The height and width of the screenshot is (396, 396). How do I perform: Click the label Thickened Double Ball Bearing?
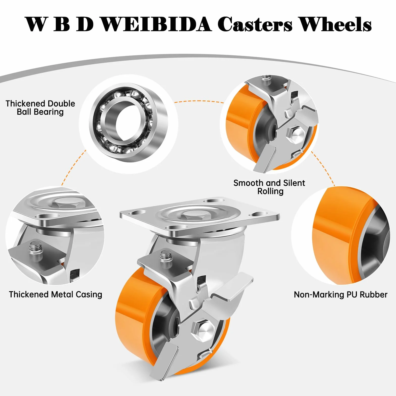click(40, 108)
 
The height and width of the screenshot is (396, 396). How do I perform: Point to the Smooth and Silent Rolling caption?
click(269, 187)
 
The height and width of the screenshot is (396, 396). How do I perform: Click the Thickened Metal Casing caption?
click(56, 294)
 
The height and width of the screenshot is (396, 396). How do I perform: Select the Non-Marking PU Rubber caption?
click(341, 294)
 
